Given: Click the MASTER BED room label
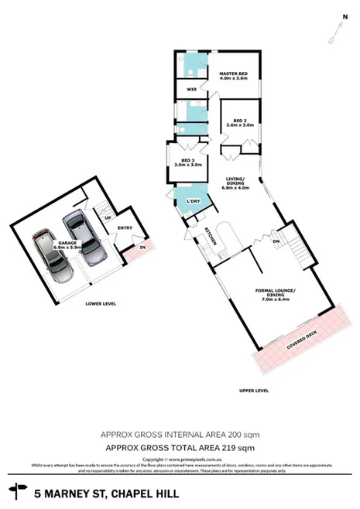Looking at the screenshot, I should tap(232, 75).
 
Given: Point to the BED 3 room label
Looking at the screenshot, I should tap(187, 162).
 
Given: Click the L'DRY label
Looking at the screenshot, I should tap(194, 202).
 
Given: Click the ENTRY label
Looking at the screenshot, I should tap(125, 227).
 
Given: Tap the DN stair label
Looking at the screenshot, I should tap(276, 241).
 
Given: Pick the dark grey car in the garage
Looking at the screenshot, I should tap(81, 233).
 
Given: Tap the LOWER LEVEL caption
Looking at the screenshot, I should tap(100, 304).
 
